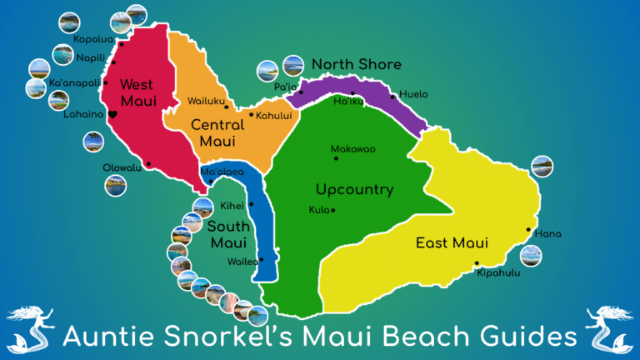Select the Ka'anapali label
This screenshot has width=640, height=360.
[74, 83]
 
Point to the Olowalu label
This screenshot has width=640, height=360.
[122, 167]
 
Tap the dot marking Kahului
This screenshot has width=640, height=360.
[251, 115]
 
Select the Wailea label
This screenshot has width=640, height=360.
[242, 260]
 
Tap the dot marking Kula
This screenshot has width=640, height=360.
[333, 210]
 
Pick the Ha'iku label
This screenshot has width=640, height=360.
[348, 102]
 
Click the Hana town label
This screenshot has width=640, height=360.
[547, 233]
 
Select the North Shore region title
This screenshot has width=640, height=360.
[357, 64]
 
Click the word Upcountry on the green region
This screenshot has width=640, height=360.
[354, 189]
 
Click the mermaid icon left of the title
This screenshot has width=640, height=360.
[32, 327]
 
